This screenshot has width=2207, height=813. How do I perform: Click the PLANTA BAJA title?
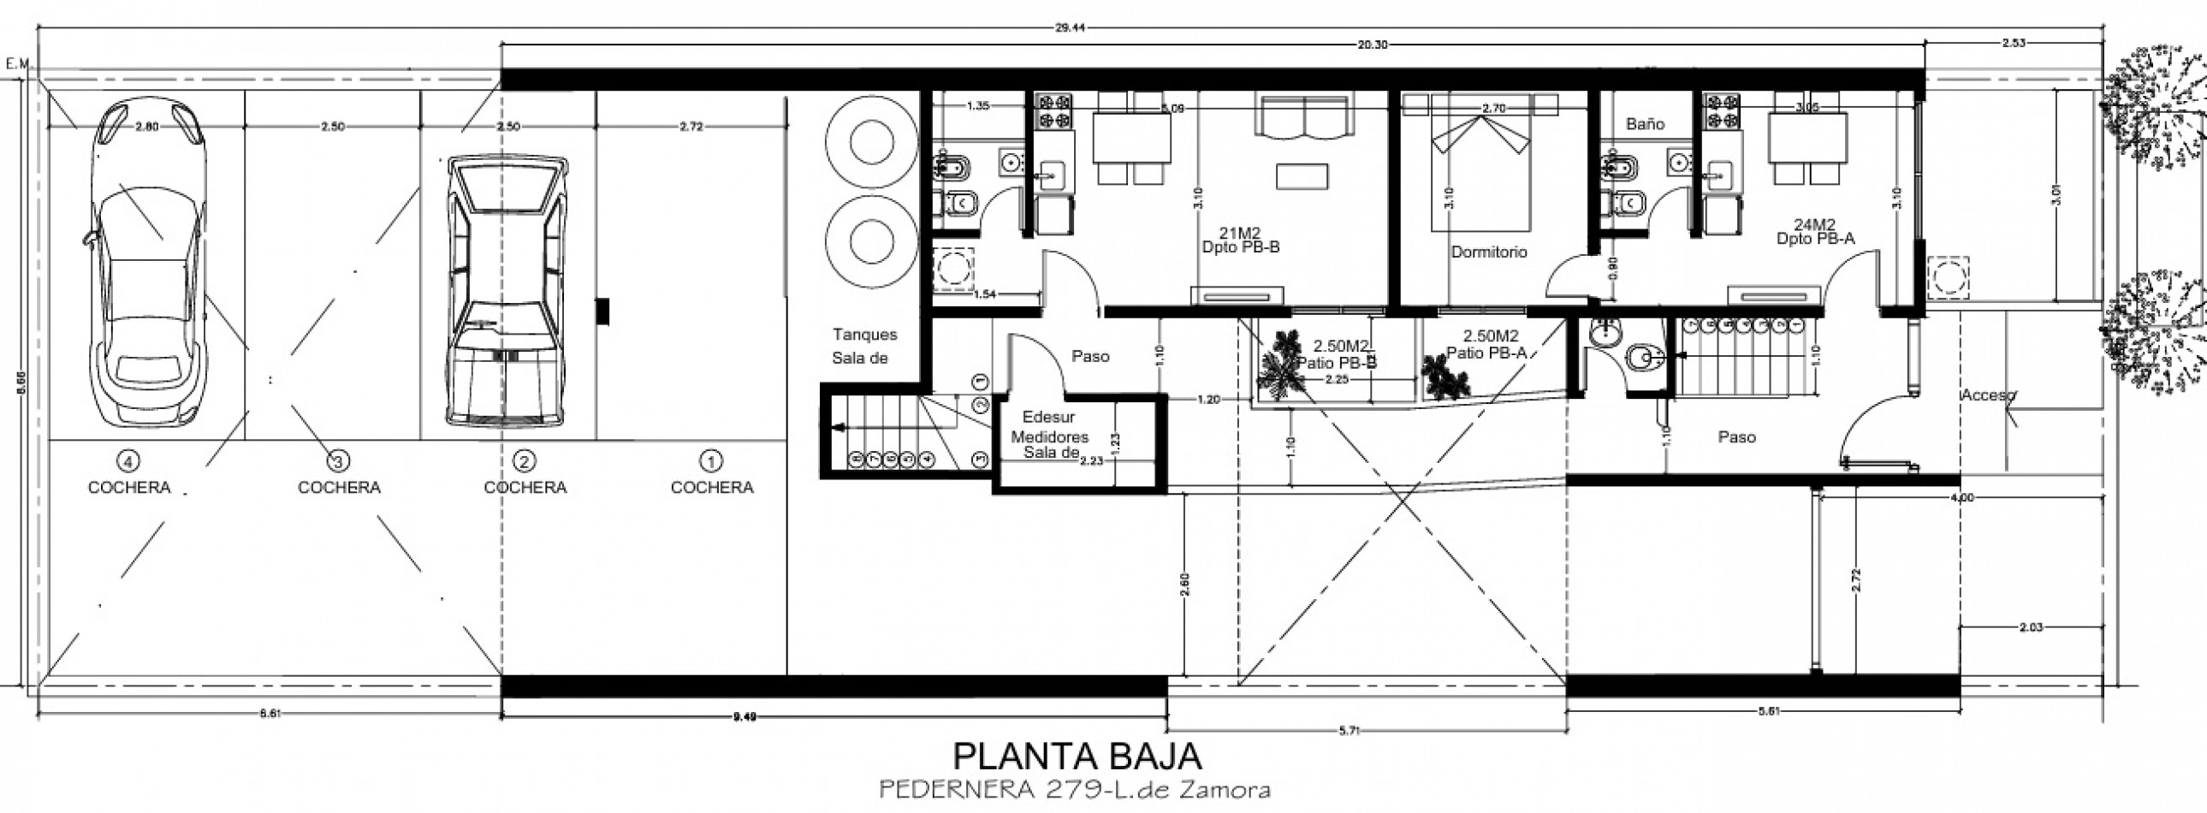1077,757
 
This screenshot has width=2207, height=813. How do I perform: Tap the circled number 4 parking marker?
128,462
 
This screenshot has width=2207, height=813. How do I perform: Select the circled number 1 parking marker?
710,462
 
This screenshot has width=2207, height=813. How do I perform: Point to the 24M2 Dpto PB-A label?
1814,232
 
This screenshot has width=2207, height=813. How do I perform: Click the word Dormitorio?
1488,252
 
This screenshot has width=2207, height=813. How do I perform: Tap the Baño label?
1645,124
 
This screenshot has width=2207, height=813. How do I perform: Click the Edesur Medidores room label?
1049,436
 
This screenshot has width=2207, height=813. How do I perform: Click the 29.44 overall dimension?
1069,27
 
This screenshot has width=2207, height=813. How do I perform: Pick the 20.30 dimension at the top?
1371,45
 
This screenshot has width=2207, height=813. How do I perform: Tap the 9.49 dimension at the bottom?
745,716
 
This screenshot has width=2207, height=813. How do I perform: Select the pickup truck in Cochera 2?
506,291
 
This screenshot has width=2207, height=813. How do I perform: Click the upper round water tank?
870,142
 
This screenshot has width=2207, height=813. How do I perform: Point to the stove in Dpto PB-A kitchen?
1721,112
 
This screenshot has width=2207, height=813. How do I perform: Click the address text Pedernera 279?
1074,789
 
